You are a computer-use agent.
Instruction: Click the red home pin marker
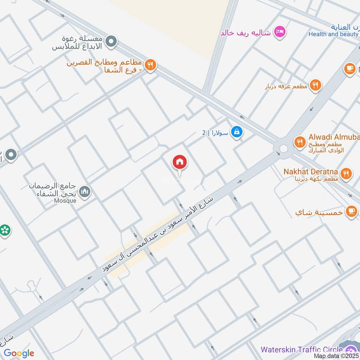pyautogui.click(x=180, y=162)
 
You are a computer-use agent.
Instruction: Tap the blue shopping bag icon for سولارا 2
pyautogui.click(x=236, y=132)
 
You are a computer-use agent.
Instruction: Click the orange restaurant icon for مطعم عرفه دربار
pyautogui.click(x=316, y=85)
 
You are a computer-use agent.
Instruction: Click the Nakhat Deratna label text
pyautogui.click(x=310, y=171)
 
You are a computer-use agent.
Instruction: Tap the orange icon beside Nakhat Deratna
pyautogui.click(x=346, y=173)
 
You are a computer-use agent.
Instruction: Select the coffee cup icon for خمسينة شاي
pyautogui.click(x=351, y=211)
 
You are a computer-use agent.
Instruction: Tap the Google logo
pyautogui.click(x=19, y=353)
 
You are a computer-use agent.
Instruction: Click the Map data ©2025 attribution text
pyautogui.click(x=336, y=356)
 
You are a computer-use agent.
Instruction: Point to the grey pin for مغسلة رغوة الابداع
pyautogui.click(x=113, y=42)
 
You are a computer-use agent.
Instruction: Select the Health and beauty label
pyautogui.click(x=333, y=34)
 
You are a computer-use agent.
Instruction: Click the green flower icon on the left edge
pyautogui.click(x=5, y=230)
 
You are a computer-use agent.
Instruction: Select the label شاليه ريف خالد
pyautogui.click(x=245, y=32)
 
